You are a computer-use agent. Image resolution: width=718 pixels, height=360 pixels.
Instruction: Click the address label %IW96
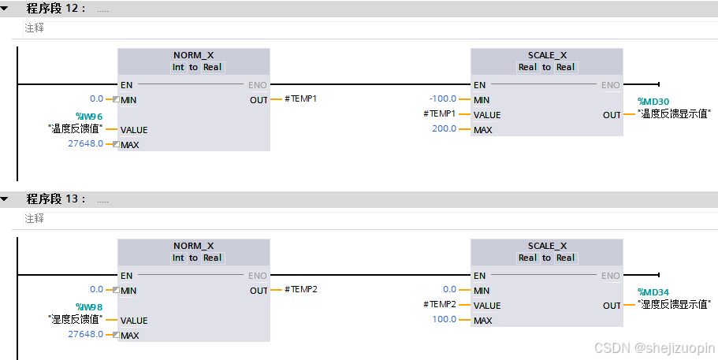(x=89, y=116)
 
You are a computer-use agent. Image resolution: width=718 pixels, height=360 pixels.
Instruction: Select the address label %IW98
(x=89, y=306)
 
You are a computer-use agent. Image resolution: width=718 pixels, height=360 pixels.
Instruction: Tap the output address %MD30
(x=653, y=102)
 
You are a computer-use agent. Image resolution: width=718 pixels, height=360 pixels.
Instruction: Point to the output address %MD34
(x=653, y=292)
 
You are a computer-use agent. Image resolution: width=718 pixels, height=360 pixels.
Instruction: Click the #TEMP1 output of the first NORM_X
(x=300, y=99)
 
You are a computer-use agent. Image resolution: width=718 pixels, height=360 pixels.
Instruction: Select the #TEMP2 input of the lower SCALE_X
(x=440, y=305)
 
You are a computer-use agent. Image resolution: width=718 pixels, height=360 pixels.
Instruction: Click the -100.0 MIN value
(x=443, y=99)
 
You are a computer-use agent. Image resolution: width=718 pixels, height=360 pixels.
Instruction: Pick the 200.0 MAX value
(x=445, y=129)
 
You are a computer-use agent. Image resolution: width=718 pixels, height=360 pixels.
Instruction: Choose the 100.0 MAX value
(x=445, y=320)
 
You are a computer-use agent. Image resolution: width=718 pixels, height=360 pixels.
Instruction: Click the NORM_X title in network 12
(x=193, y=55)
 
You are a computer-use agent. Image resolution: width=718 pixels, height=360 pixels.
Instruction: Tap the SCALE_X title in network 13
(x=546, y=246)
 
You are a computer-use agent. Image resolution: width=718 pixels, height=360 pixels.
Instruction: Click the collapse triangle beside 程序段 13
(x=6, y=199)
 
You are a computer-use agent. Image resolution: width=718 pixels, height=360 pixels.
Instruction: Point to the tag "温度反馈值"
(x=76, y=129)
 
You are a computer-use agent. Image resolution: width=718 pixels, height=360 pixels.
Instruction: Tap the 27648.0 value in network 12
(x=85, y=144)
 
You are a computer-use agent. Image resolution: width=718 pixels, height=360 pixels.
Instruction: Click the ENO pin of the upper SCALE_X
(x=610, y=85)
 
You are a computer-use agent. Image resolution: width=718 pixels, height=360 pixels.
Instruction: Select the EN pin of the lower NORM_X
(x=126, y=276)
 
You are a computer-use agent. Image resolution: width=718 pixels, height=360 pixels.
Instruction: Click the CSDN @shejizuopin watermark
(x=654, y=347)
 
